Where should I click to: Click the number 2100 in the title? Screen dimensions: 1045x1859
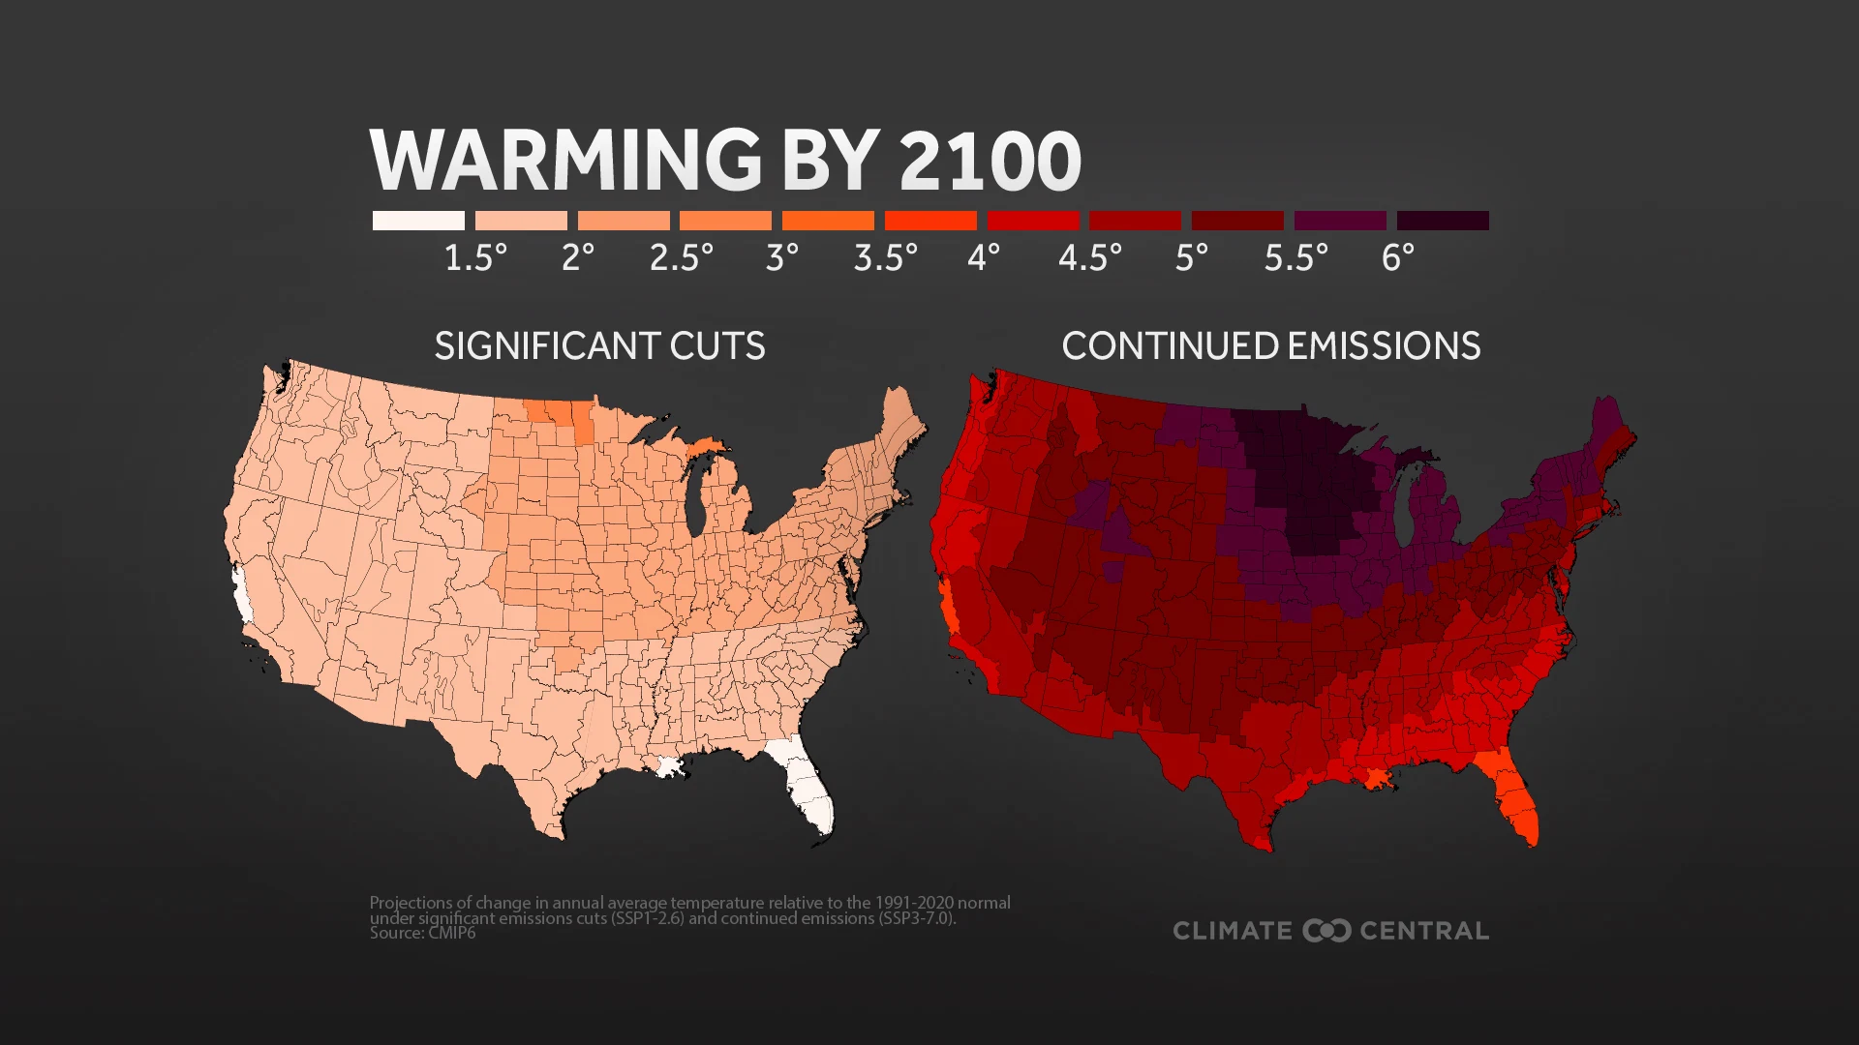(x=990, y=161)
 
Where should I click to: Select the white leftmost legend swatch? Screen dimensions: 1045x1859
(x=418, y=221)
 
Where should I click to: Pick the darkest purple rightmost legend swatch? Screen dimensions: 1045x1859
(x=1442, y=221)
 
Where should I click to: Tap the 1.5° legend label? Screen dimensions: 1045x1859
(x=475, y=257)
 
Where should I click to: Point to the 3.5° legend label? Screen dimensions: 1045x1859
(x=885, y=257)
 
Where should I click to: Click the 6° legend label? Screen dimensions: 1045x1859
(x=1397, y=257)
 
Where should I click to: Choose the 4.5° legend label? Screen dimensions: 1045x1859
(x=1089, y=257)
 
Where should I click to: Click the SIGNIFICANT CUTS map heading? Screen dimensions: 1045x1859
(x=599, y=346)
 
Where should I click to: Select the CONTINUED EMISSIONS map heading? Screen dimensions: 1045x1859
(x=1270, y=346)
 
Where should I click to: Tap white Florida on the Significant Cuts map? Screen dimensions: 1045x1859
(x=808, y=793)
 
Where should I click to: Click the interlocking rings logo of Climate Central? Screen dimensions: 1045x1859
(x=1326, y=931)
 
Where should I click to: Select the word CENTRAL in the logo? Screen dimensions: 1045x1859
(x=1424, y=931)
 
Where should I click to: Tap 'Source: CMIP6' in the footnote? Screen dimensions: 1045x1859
(x=422, y=934)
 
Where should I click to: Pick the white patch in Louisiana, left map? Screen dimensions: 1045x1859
(x=670, y=767)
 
